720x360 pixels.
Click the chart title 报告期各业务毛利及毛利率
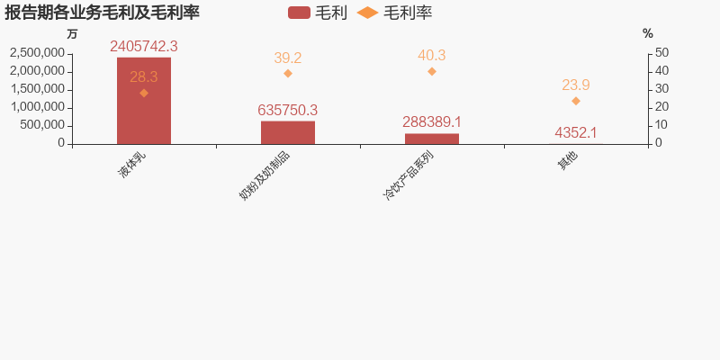(102, 13)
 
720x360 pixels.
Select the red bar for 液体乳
(144, 101)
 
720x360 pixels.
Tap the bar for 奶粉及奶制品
(288, 132)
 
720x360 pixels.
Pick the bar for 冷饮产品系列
(432, 139)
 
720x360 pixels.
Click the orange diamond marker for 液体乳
(144, 93)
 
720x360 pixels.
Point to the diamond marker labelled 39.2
(288, 73)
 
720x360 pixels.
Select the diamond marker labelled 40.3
(432, 71)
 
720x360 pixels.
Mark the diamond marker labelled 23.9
(576, 101)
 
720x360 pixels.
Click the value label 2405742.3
(144, 47)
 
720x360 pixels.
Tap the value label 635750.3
(288, 110)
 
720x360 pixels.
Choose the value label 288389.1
(432, 122)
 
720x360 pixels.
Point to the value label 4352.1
(576, 133)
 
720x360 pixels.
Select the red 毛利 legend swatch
(300, 13)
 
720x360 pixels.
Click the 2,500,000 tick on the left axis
(37, 53)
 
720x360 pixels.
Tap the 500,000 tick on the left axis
(44, 125)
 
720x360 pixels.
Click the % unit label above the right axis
(648, 34)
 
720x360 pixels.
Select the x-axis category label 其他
(567, 161)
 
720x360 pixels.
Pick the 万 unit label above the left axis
(72, 34)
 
